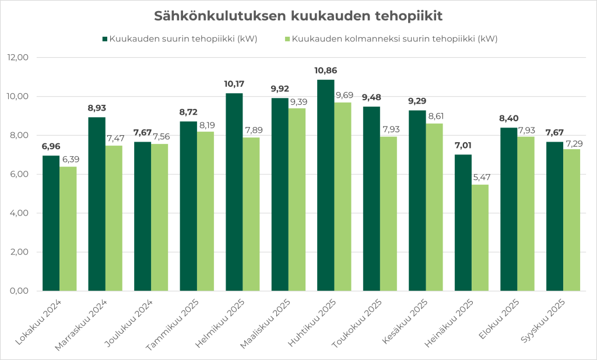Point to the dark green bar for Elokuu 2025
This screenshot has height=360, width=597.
coord(509,209)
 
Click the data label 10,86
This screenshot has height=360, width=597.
coord(326,70)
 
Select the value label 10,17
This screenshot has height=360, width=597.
coord(234,84)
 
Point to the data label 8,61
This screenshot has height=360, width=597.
coord(436,116)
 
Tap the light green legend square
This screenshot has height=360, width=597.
coord(286,39)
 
